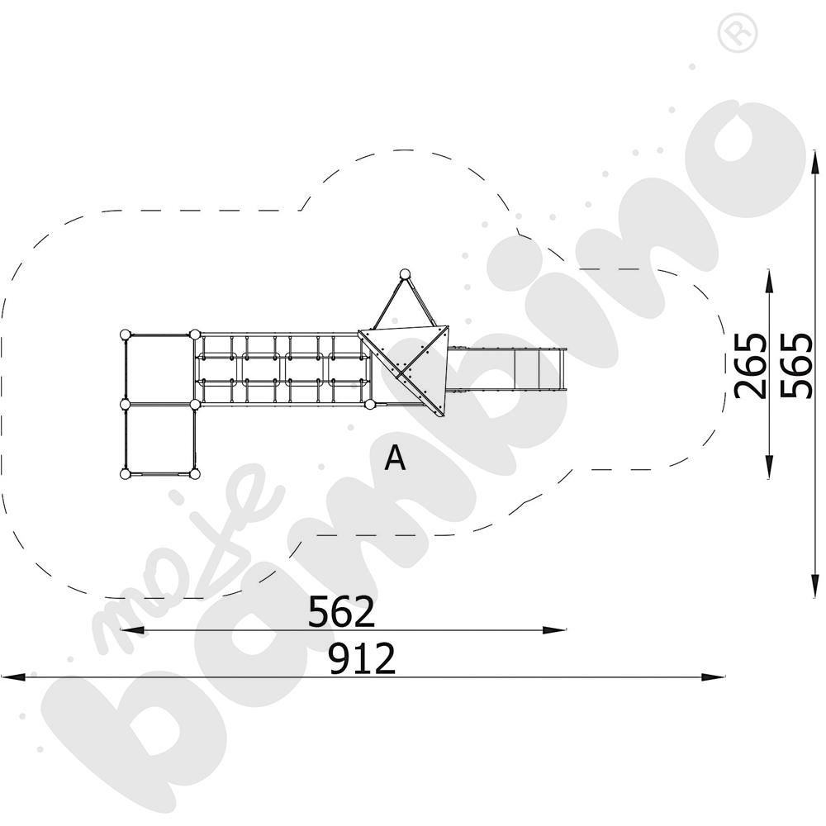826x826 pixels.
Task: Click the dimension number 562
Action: tap(341, 611)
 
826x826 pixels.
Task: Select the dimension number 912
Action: tap(362, 658)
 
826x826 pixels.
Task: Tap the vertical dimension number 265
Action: tap(750, 366)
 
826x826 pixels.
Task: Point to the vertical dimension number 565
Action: tap(796, 365)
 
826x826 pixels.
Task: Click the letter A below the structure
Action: tap(395, 458)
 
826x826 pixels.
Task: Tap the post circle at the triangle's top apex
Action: tap(405, 274)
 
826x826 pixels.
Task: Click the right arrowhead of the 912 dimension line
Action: tap(713, 677)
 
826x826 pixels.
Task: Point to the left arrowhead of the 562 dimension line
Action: tap(132, 629)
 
